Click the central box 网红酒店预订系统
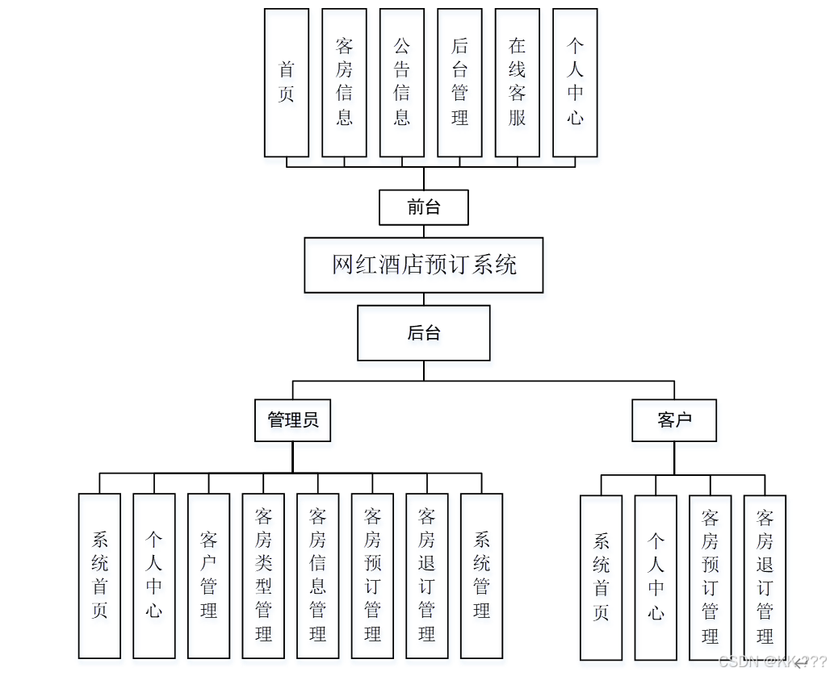[x=423, y=265]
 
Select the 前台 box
[x=423, y=207]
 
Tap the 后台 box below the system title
[x=423, y=332]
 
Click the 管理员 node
[x=292, y=419]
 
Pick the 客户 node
[x=673, y=419]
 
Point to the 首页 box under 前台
[x=287, y=82]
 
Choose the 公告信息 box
[x=401, y=82]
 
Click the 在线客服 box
[x=517, y=82]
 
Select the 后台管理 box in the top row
[x=459, y=82]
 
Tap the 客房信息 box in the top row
[x=344, y=82]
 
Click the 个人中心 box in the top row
[x=575, y=82]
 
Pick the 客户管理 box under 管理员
[x=208, y=575]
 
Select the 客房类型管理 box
[x=263, y=575]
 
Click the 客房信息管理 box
[x=317, y=575]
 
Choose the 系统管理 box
[x=481, y=575]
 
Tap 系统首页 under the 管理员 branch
[x=99, y=575]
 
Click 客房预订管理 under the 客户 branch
[x=710, y=577]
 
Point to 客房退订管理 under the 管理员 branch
[x=426, y=575]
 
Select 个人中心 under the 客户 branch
[x=655, y=577]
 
